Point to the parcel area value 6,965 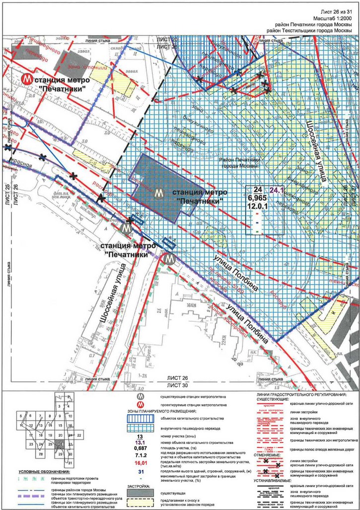(x=258, y=198)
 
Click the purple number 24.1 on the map (x=276, y=189)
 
